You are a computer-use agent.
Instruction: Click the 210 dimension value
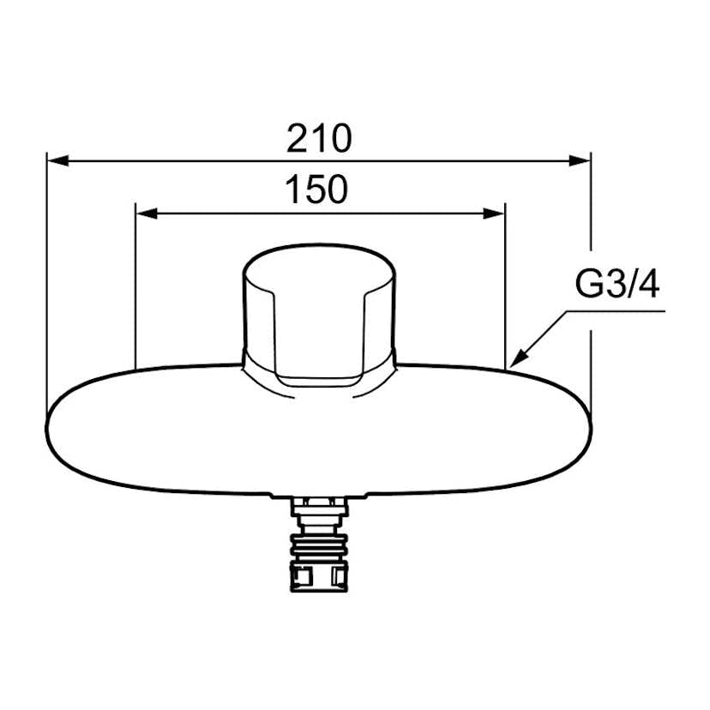tap(319, 138)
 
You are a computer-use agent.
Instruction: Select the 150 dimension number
tap(316, 189)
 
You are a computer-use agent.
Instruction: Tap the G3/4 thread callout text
tap(617, 284)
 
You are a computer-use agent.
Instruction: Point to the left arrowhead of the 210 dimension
tap(58, 160)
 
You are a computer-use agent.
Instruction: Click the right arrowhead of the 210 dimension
tap(580, 160)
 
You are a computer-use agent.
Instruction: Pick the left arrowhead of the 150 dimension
tap(147, 214)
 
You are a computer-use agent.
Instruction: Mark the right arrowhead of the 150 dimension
tap(494, 214)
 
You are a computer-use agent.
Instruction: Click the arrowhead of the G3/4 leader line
tap(519, 358)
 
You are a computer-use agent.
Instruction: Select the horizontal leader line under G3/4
tap(616, 311)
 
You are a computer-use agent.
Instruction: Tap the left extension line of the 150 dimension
tap(135, 286)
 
